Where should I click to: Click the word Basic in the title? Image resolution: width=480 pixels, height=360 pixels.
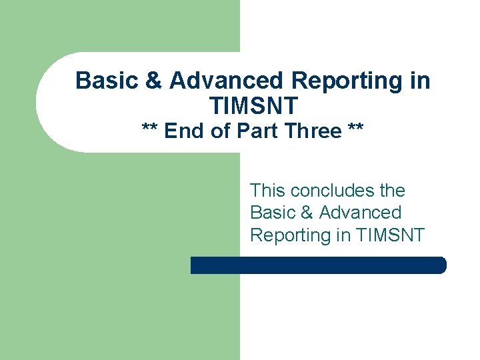[x=107, y=81]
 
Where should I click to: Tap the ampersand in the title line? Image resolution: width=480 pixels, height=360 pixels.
[x=153, y=81]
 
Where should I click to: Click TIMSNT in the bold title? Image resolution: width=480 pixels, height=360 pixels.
[x=253, y=105]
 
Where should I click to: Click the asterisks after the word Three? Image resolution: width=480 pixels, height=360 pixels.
[x=355, y=130]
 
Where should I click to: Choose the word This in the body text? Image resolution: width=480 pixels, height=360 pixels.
[x=268, y=191]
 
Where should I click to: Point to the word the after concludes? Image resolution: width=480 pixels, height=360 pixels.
[x=392, y=191]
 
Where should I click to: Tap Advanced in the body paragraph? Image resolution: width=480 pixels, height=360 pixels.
[x=360, y=213]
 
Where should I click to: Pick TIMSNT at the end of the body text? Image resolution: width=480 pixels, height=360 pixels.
[x=391, y=235]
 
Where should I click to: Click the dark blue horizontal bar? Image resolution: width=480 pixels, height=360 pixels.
[x=318, y=265]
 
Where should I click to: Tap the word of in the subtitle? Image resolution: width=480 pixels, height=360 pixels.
[x=220, y=131]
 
